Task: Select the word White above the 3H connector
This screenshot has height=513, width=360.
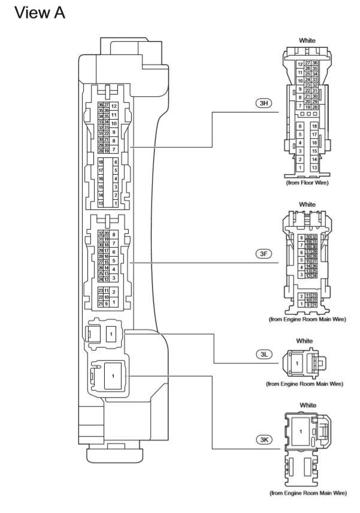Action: (307, 41)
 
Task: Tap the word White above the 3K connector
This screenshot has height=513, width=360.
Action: (307, 405)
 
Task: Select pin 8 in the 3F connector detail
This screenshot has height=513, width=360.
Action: (292, 238)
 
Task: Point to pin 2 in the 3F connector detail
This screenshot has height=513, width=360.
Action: (292, 296)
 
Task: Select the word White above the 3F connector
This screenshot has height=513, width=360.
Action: (307, 205)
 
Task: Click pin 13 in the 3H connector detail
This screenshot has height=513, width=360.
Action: (314, 168)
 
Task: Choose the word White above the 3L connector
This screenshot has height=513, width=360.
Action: (307, 338)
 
